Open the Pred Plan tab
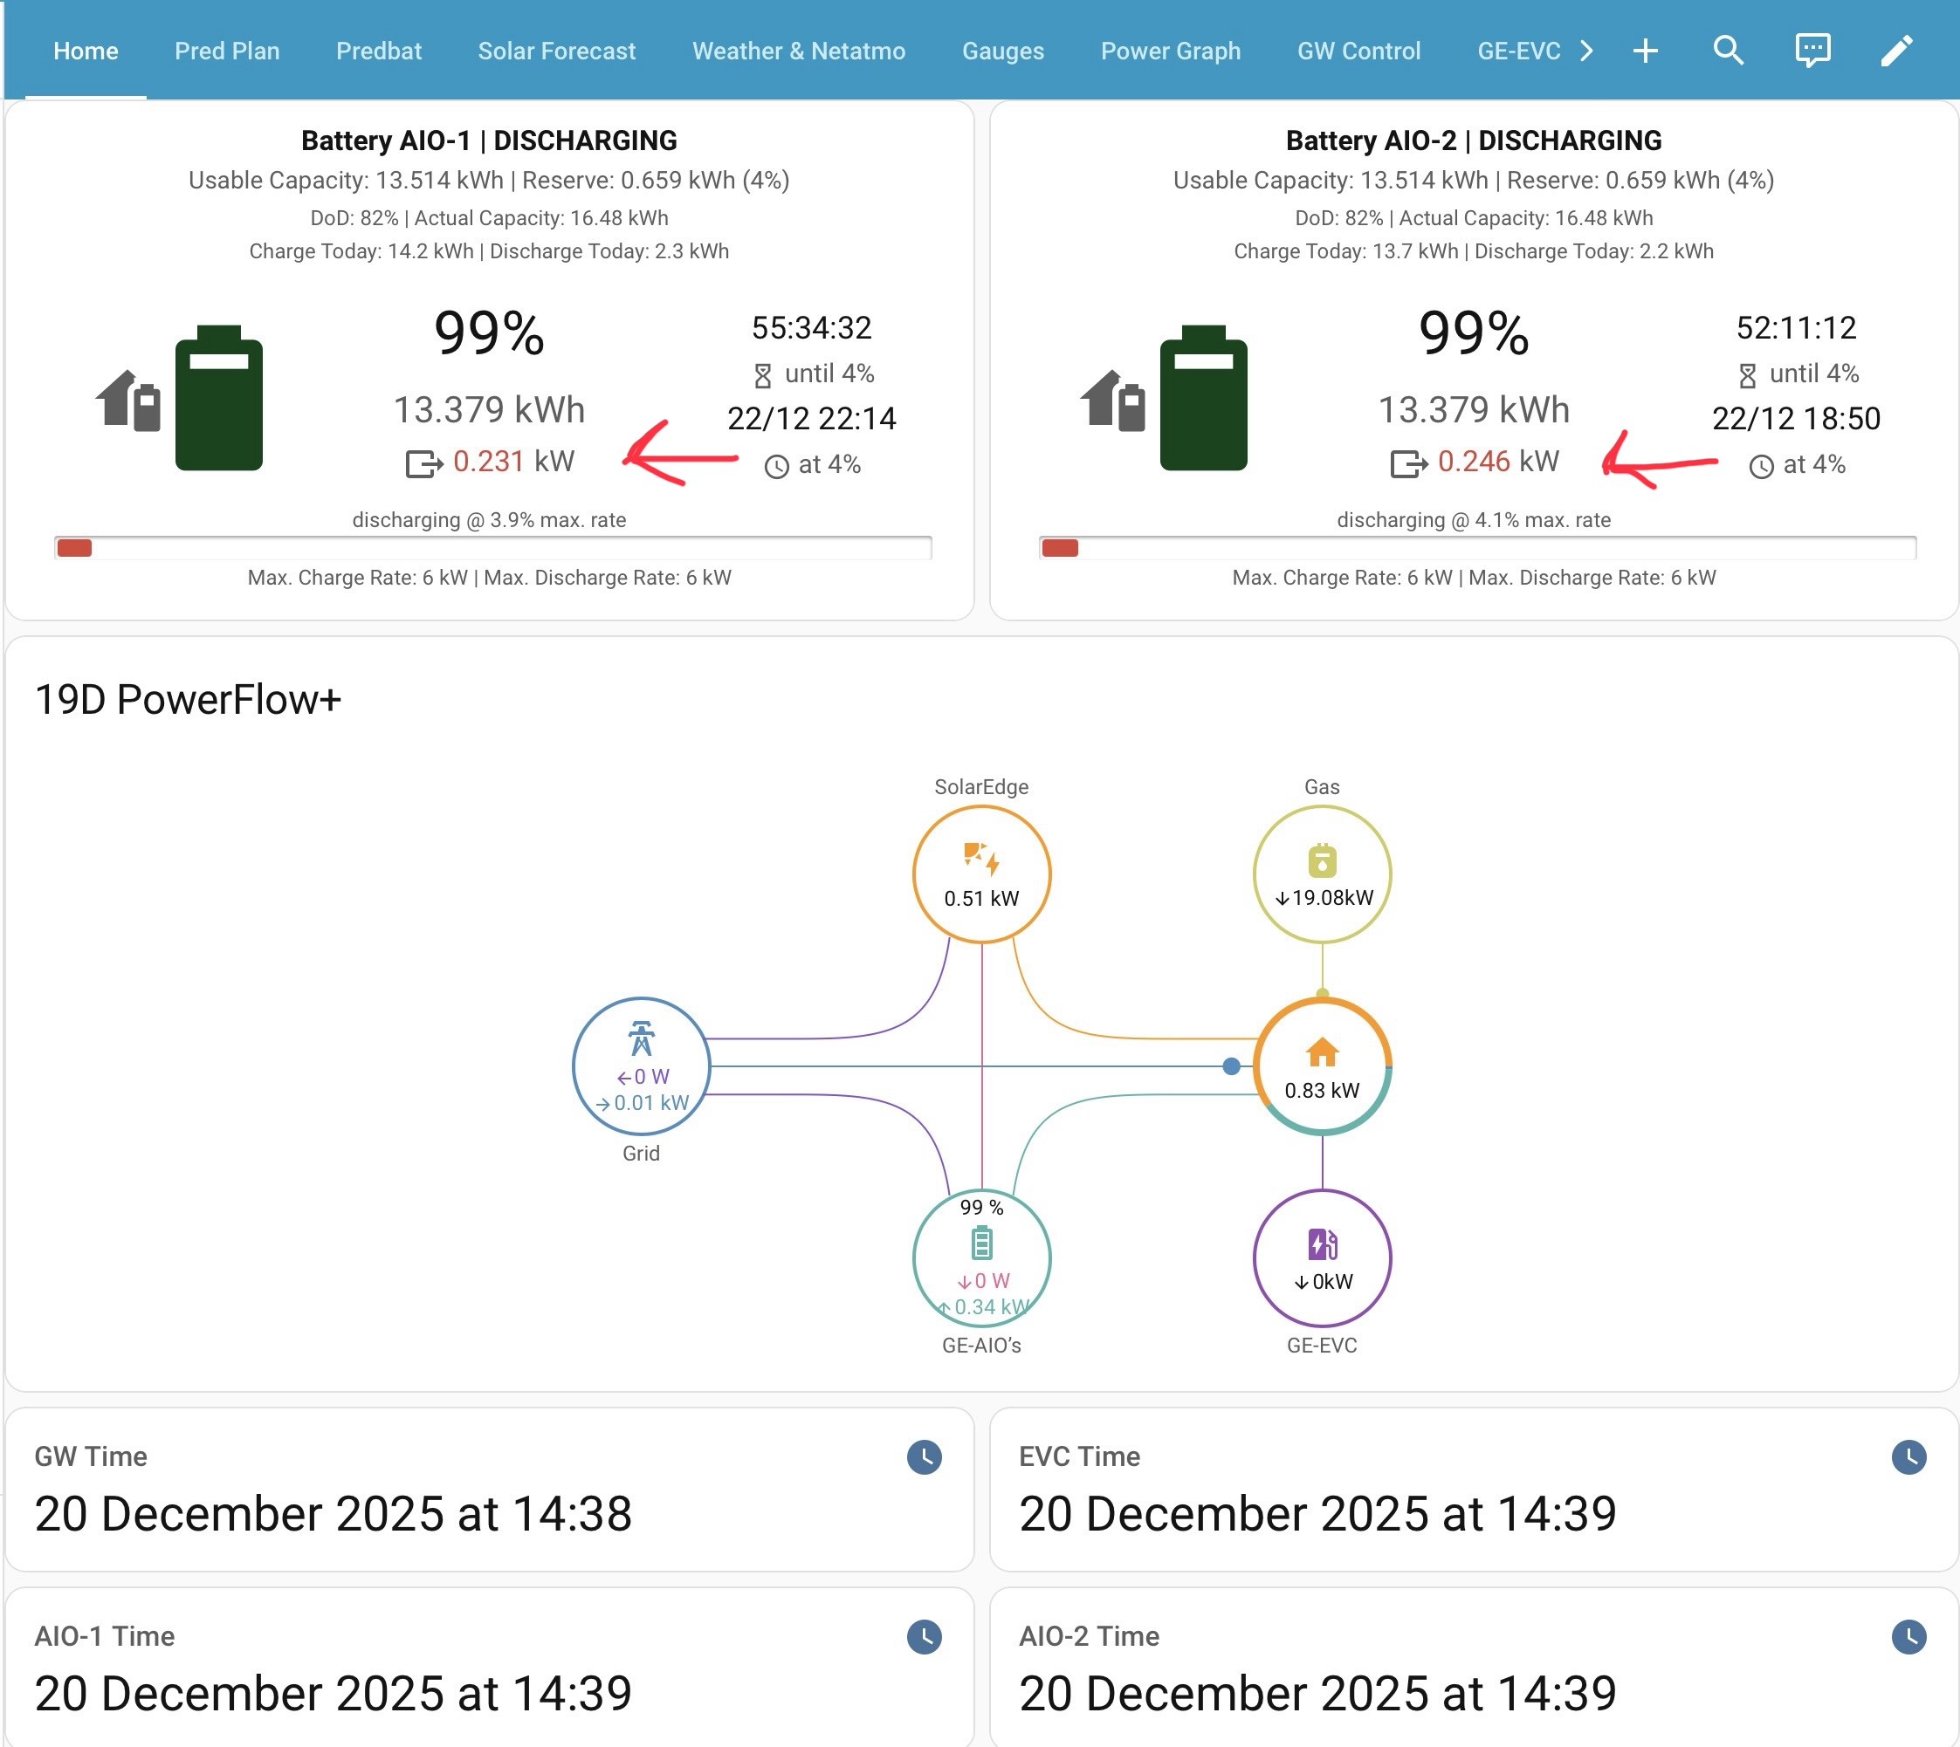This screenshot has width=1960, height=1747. click(227, 51)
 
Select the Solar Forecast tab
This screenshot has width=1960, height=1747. click(557, 51)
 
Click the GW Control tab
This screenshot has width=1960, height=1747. click(1358, 51)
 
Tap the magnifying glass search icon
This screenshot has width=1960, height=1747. click(1728, 50)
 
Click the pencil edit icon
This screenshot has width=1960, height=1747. click(1896, 50)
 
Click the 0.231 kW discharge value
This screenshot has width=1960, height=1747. click(512, 462)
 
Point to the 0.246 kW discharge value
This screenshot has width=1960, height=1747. click(1498, 462)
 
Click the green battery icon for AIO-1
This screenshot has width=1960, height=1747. click(219, 397)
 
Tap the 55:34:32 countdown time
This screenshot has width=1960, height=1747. click(811, 328)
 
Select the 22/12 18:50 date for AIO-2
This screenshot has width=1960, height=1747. click(1796, 419)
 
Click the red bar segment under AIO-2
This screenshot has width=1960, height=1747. click(1060, 548)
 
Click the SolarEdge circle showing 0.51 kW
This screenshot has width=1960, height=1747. click(981, 873)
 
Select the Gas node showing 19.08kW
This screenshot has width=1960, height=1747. click(1323, 873)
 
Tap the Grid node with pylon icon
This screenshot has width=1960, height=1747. click(642, 1065)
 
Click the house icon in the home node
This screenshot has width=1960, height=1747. click(1323, 1052)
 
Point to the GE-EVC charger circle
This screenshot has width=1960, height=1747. click(1323, 1257)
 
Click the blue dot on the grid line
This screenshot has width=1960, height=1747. click(1231, 1066)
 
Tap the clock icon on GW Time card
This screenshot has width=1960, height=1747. click(924, 1457)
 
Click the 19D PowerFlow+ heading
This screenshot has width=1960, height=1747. click(189, 700)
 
